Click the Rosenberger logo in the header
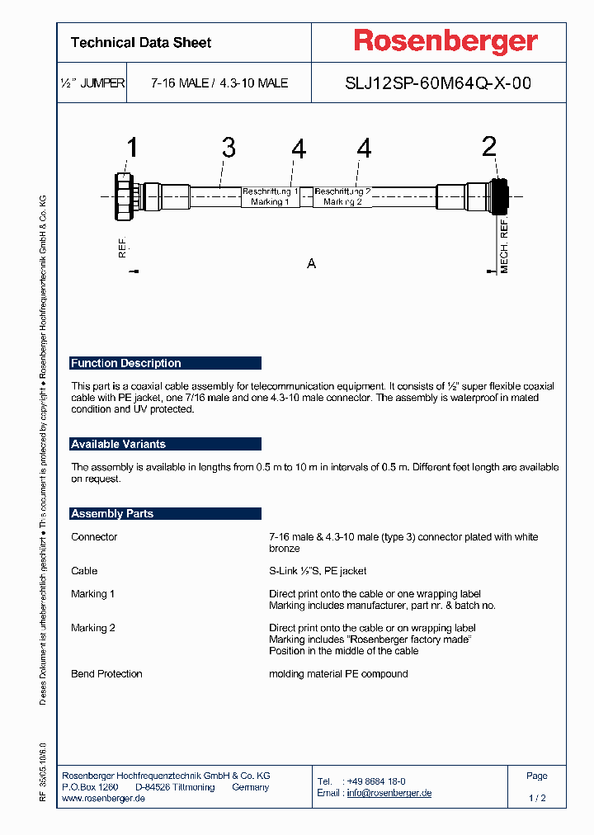point(445,41)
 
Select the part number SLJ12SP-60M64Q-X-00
point(437,83)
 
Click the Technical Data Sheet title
point(141,43)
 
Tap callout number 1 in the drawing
point(131,149)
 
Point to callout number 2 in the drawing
point(489,148)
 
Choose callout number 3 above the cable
point(229,149)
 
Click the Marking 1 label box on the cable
point(270,196)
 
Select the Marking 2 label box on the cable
point(342,196)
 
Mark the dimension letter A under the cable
point(312,264)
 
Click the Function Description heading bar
point(166,363)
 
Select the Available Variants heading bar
point(166,444)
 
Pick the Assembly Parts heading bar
point(166,513)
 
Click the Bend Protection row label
point(106,674)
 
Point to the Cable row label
point(84,571)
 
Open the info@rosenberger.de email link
point(389,793)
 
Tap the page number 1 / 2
point(537,799)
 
